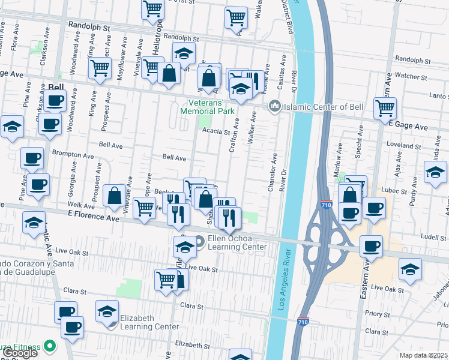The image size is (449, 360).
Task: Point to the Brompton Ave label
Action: (73, 154)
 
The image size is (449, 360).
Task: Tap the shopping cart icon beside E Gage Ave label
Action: (385, 108)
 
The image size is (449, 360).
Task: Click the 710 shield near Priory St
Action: (304, 322)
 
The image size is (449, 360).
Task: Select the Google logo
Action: (20, 353)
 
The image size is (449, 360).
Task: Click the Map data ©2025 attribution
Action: (423, 355)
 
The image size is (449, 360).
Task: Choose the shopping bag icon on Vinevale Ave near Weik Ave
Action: (114, 195)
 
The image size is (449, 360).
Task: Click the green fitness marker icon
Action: (49, 346)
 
